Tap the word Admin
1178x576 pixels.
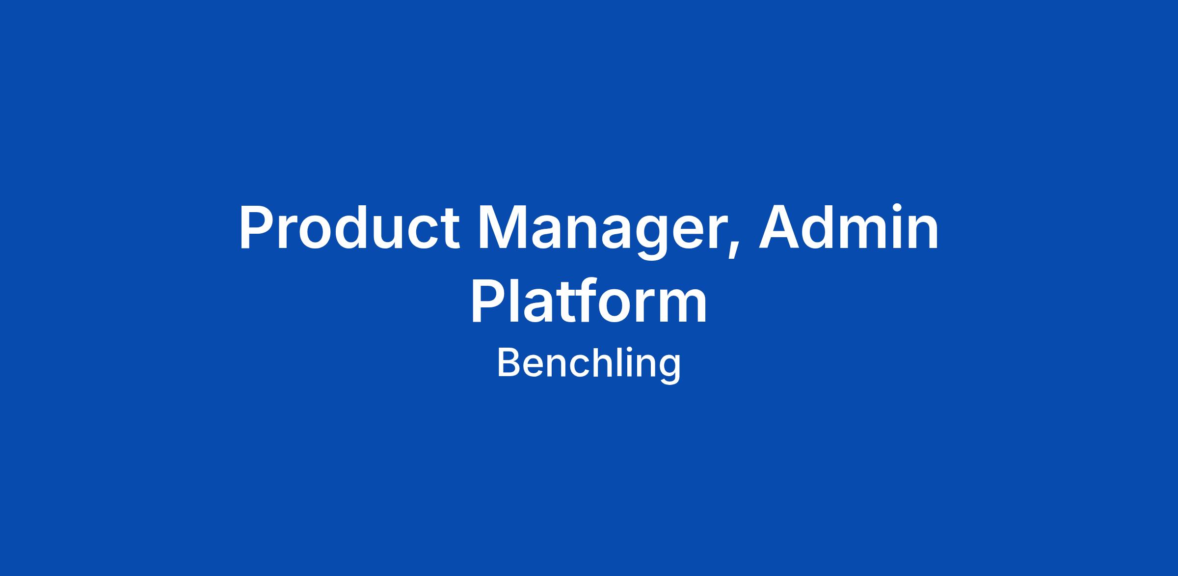click(849, 227)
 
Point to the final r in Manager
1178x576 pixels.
click(716, 233)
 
